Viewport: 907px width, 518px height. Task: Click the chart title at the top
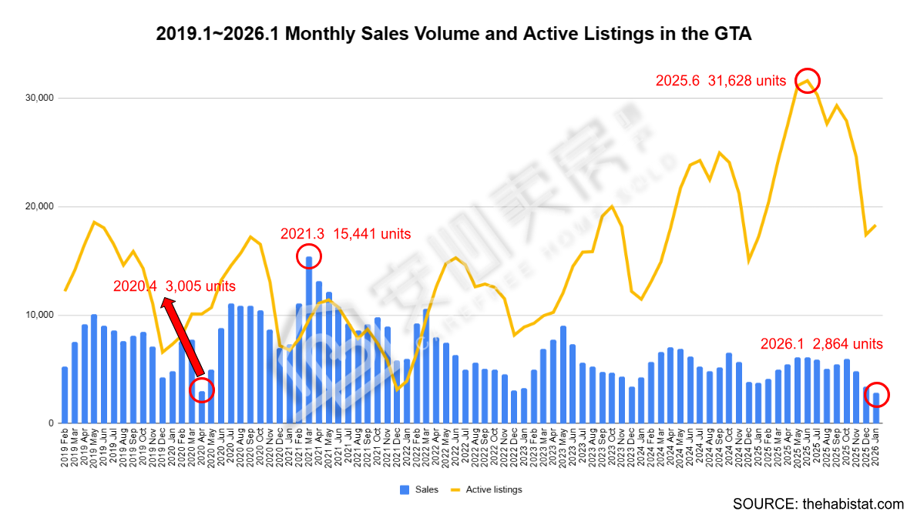453,34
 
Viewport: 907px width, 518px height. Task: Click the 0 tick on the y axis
50,424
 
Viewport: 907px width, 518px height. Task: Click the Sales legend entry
419,490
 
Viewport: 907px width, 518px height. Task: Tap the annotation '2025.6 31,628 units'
721,81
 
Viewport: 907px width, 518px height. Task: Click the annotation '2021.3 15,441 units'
345,234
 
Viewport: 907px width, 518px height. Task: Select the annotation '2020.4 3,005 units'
174,286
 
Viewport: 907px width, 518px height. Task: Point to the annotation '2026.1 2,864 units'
821,344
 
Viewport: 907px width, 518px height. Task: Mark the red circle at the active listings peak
807,81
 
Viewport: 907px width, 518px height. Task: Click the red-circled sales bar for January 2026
876,408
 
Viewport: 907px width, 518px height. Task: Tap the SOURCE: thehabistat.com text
818,504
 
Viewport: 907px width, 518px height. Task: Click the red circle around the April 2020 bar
202,390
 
